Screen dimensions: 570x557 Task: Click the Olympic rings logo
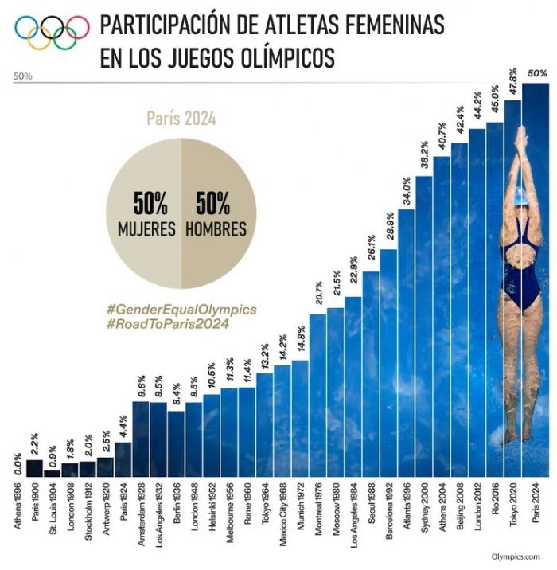point(52,33)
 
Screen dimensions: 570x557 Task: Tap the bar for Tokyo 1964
point(264,425)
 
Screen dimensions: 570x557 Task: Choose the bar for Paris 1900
point(34,468)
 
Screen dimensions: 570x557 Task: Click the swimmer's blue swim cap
point(520,193)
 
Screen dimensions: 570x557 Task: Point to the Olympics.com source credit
point(516,556)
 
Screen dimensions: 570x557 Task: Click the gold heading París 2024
point(181,119)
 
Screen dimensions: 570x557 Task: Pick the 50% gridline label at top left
point(22,76)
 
